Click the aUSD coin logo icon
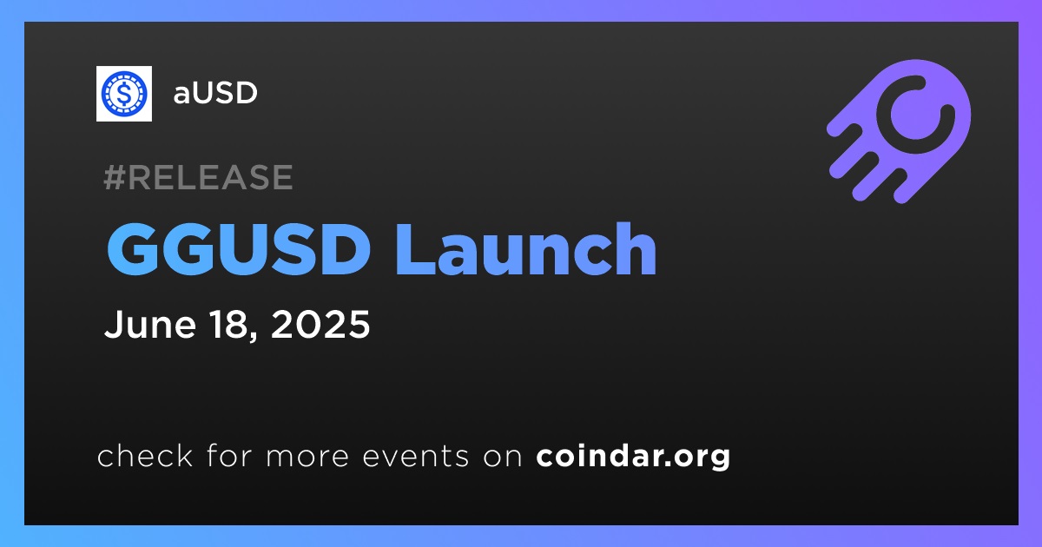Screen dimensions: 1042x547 coord(123,94)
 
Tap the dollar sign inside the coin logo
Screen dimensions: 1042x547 coord(123,94)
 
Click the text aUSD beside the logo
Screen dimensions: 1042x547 coord(215,93)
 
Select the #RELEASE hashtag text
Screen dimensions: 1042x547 coord(198,177)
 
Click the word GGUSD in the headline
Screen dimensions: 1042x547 coord(239,249)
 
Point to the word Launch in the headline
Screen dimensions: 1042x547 coord(526,249)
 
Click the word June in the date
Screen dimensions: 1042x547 coord(149,324)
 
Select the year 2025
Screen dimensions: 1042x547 coord(320,324)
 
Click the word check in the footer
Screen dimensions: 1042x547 coord(145,456)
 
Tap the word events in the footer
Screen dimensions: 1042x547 coord(416,457)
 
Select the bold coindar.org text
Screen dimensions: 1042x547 coord(633,458)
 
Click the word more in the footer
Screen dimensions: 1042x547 coord(307,458)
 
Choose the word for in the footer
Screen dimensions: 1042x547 coord(229,456)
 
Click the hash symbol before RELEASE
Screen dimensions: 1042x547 coord(114,177)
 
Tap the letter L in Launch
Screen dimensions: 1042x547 coord(416,249)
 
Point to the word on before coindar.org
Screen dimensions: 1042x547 coord(503,458)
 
